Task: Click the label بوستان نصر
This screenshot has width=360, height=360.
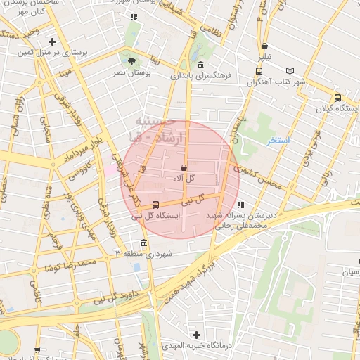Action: [131, 72]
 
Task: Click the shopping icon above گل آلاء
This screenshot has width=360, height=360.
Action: [184, 168]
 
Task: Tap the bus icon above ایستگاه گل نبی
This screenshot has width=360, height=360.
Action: [155, 205]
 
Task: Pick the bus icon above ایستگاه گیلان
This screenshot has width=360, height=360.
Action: [337, 98]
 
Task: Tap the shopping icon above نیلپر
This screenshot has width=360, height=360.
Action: [263, 46]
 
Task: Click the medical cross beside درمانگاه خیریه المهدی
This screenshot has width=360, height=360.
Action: [196, 335]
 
